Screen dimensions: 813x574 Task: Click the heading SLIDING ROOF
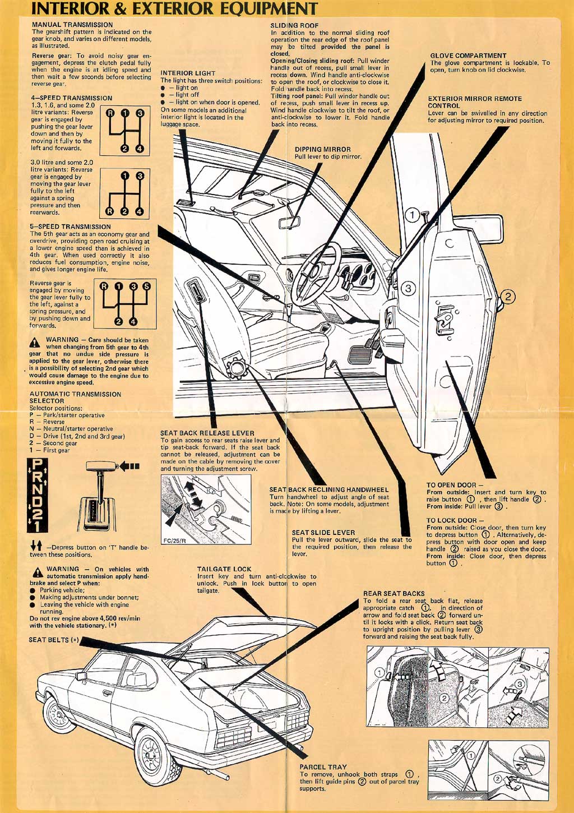(294, 25)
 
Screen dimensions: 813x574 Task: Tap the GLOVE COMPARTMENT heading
(468, 56)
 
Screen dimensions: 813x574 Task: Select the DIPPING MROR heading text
(322, 149)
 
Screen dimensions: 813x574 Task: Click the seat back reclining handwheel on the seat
(236, 369)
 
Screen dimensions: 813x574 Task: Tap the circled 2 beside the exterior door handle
(508, 297)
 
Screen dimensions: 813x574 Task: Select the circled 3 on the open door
(408, 289)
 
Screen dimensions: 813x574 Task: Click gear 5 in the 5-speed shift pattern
(147, 286)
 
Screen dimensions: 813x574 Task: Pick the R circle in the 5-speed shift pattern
(104, 286)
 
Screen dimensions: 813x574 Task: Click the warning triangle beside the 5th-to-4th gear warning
(35, 342)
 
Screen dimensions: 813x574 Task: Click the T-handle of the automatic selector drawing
(101, 466)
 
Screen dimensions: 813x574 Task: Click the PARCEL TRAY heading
(323, 766)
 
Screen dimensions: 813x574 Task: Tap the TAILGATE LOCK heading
(224, 569)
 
